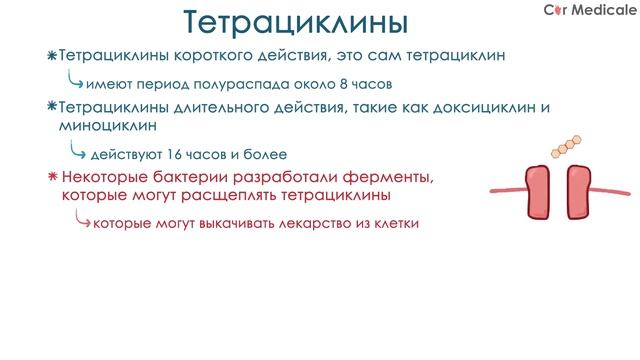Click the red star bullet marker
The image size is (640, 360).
52,177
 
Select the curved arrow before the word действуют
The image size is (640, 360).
75,152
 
